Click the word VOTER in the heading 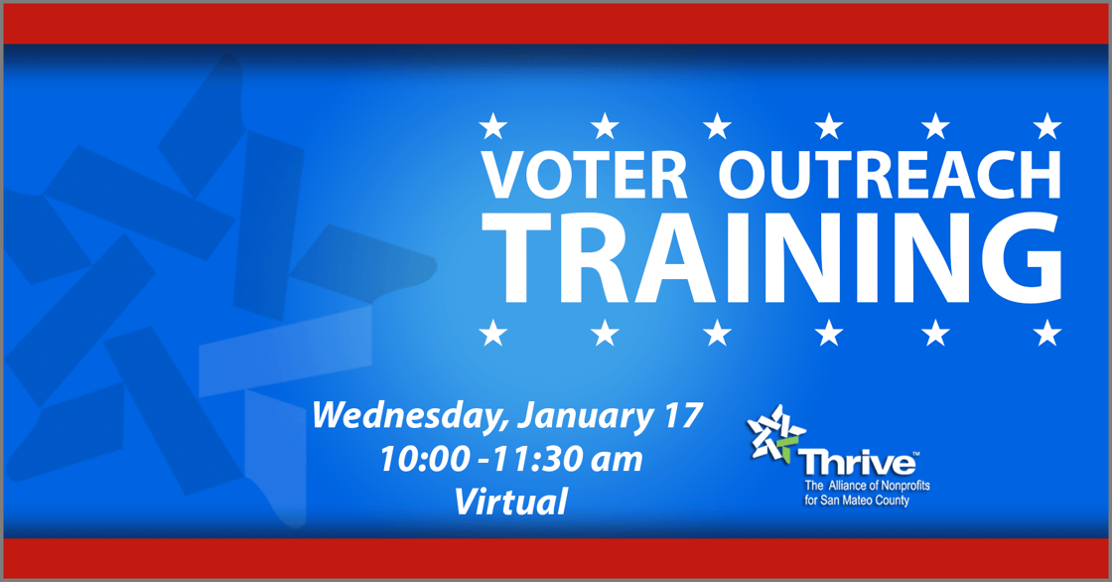(x=585, y=175)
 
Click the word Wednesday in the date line (x=411, y=414)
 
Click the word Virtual (x=510, y=503)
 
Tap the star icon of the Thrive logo (x=776, y=435)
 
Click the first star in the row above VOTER (x=492, y=126)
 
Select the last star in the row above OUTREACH (x=1047, y=126)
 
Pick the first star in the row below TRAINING (x=492, y=334)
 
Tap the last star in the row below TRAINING (x=1047, y=334)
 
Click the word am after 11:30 (x=620, y=461)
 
